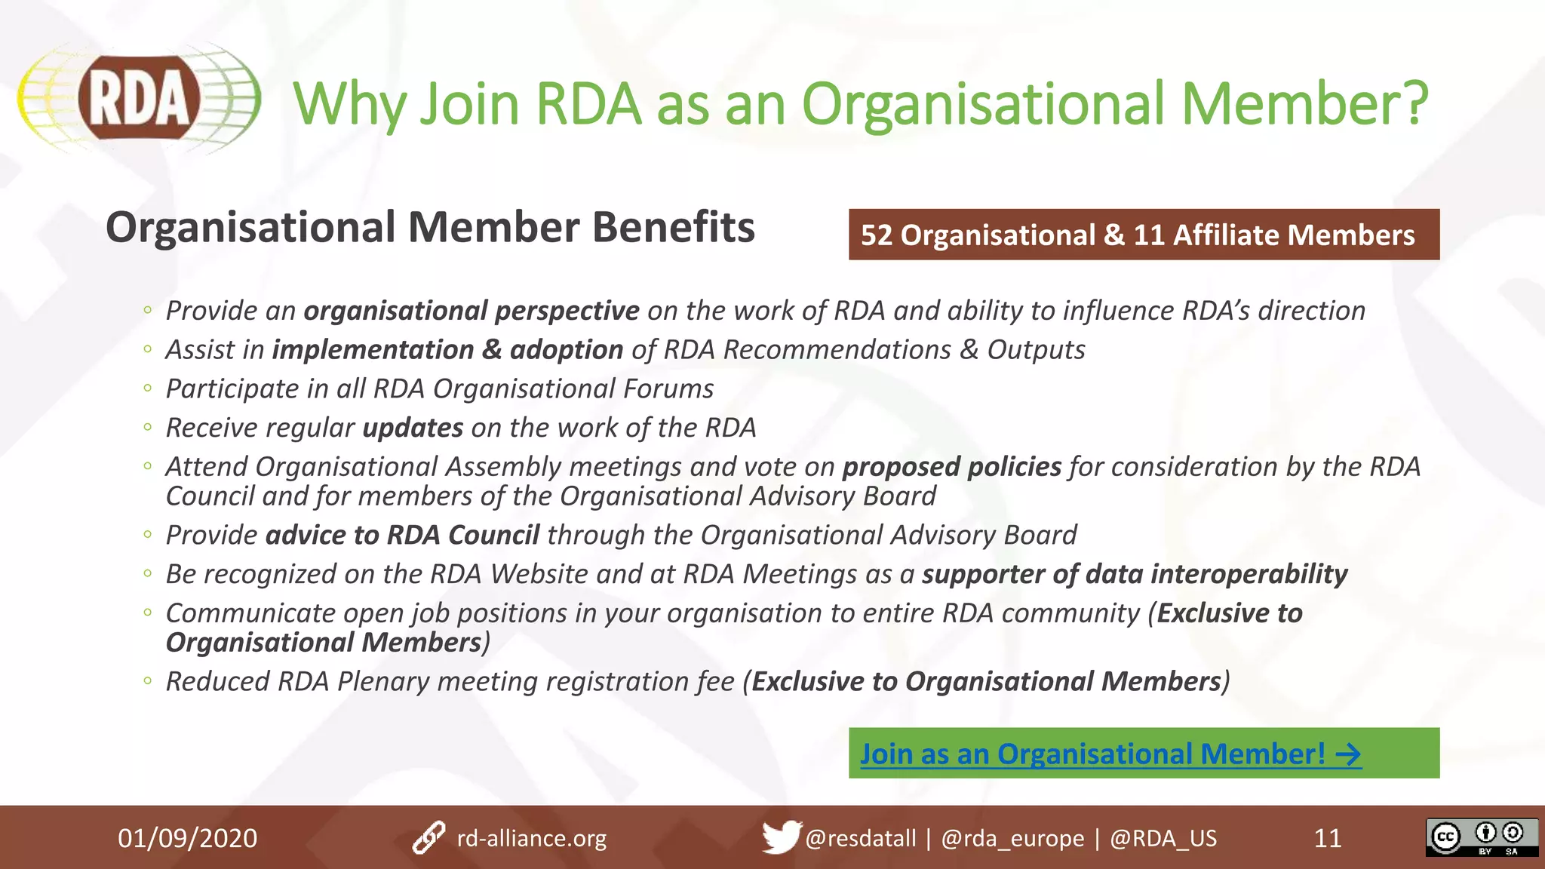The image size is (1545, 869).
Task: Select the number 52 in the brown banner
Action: pos(877,235)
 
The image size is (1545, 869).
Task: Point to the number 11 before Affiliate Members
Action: pos(1149,235)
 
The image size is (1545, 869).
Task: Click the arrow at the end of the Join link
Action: pos(1348,754)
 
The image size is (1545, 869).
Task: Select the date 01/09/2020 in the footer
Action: pos(187,838)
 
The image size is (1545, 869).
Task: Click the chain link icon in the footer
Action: pos(428,838)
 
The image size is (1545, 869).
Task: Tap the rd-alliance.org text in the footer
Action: pos(531,838)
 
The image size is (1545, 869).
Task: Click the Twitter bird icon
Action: pos(780,837)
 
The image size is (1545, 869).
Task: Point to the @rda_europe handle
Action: pos(1012,838)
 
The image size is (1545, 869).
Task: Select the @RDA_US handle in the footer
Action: pos(1163,838)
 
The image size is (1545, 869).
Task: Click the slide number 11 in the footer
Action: pos(1328,838)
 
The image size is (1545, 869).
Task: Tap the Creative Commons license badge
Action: pos(1482,837)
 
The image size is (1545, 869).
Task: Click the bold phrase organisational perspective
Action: pos(471,311)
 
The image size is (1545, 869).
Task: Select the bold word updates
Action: pos(413,428)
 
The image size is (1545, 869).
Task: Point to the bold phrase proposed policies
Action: pos(952,467)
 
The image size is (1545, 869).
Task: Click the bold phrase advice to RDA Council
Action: pos(402,535)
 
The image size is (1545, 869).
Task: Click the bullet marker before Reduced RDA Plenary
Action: pos(148,681)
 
